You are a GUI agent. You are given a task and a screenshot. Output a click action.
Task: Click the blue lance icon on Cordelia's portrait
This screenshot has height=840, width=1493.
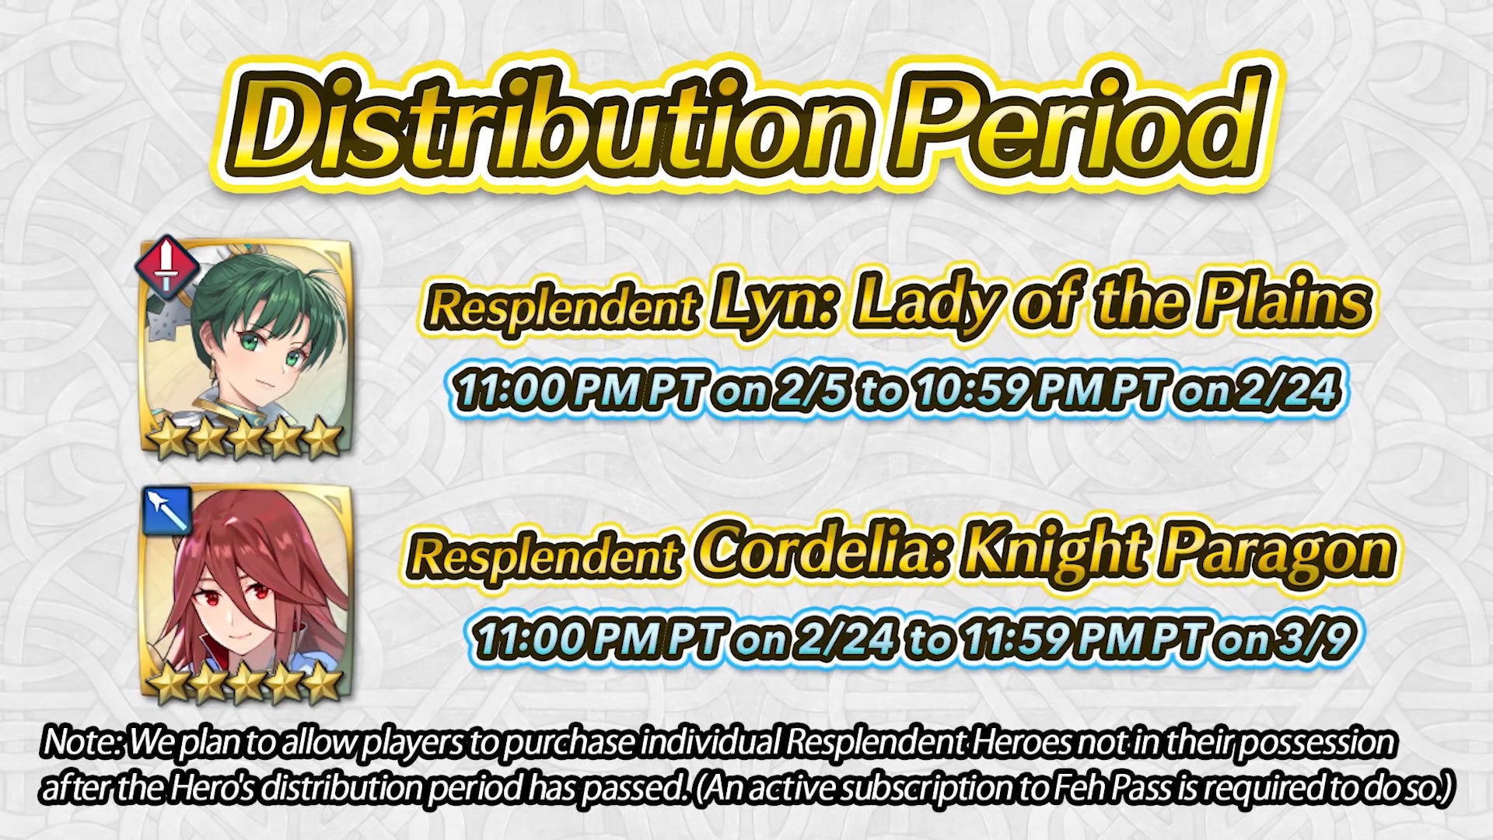[x=166, y=510]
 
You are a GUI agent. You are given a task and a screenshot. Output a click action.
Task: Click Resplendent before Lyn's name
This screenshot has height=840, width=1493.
[x=561, y=308]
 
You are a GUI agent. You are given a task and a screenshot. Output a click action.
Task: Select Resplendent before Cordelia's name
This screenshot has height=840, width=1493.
[x=544, y=557]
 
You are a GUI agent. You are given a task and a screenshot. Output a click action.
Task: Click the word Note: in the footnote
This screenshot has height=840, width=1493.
[x=82, y=743]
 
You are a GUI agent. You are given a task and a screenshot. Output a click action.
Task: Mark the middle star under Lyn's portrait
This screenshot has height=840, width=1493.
[x=246, y=440]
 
